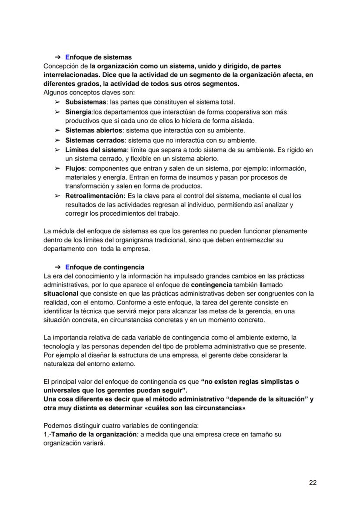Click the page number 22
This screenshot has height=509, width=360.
click(x=313, y=482)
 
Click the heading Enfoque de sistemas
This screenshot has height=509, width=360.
click(x=98, y=57)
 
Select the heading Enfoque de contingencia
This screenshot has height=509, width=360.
click(x=104, y=267)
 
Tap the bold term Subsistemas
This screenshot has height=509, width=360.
click(x=86, y=102)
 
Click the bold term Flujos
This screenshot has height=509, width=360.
click(x=75, y=168)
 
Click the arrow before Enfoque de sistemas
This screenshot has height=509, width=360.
click(x=57, y=57)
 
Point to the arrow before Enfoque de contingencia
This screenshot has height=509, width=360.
click(x=57, y=267)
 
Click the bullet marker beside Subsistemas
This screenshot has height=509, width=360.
click(x=57, y=102)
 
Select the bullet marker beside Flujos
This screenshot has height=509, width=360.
click(x=57, y=168)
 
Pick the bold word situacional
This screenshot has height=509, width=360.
click(x=61, y=294)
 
